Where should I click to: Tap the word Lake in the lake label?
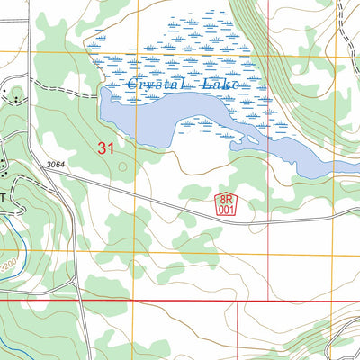[x=221, y=84]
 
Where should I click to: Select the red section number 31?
[x=104, y=148]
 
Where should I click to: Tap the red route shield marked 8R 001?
[x=226, y=203]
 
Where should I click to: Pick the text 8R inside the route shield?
[x=226, y=198]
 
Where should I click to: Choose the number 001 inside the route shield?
[x=226, y=209]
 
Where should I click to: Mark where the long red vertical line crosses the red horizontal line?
[x=269, y=301]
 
